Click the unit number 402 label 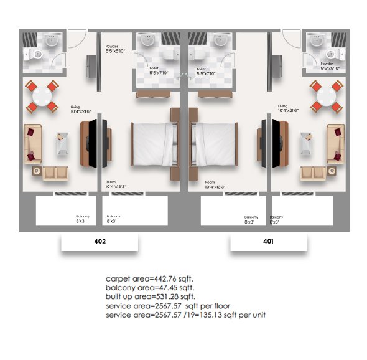click(x=100, y=241)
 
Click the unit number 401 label click(x=268, y=241)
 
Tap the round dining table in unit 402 click(x=42, y=96)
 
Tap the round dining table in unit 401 click(x=327, y=96)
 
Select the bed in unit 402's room click(x=153, y=144)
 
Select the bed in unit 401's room click(x=215, y=144)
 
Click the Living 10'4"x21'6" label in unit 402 click(x=81, y=110)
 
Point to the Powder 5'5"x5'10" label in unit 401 click(x=330, y=66)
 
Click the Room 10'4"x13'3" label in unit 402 click(x=116, y=184)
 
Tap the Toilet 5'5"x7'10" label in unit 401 click(x=206, y=72)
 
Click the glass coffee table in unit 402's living click(x=62, y=144)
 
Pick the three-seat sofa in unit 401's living click(x=336, y=144)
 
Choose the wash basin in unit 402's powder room click(x=52, y=40)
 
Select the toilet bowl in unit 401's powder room click(x=334, y=54)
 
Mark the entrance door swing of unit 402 click(x=77, y=39)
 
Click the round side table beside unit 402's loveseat click(x=37, y=171)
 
